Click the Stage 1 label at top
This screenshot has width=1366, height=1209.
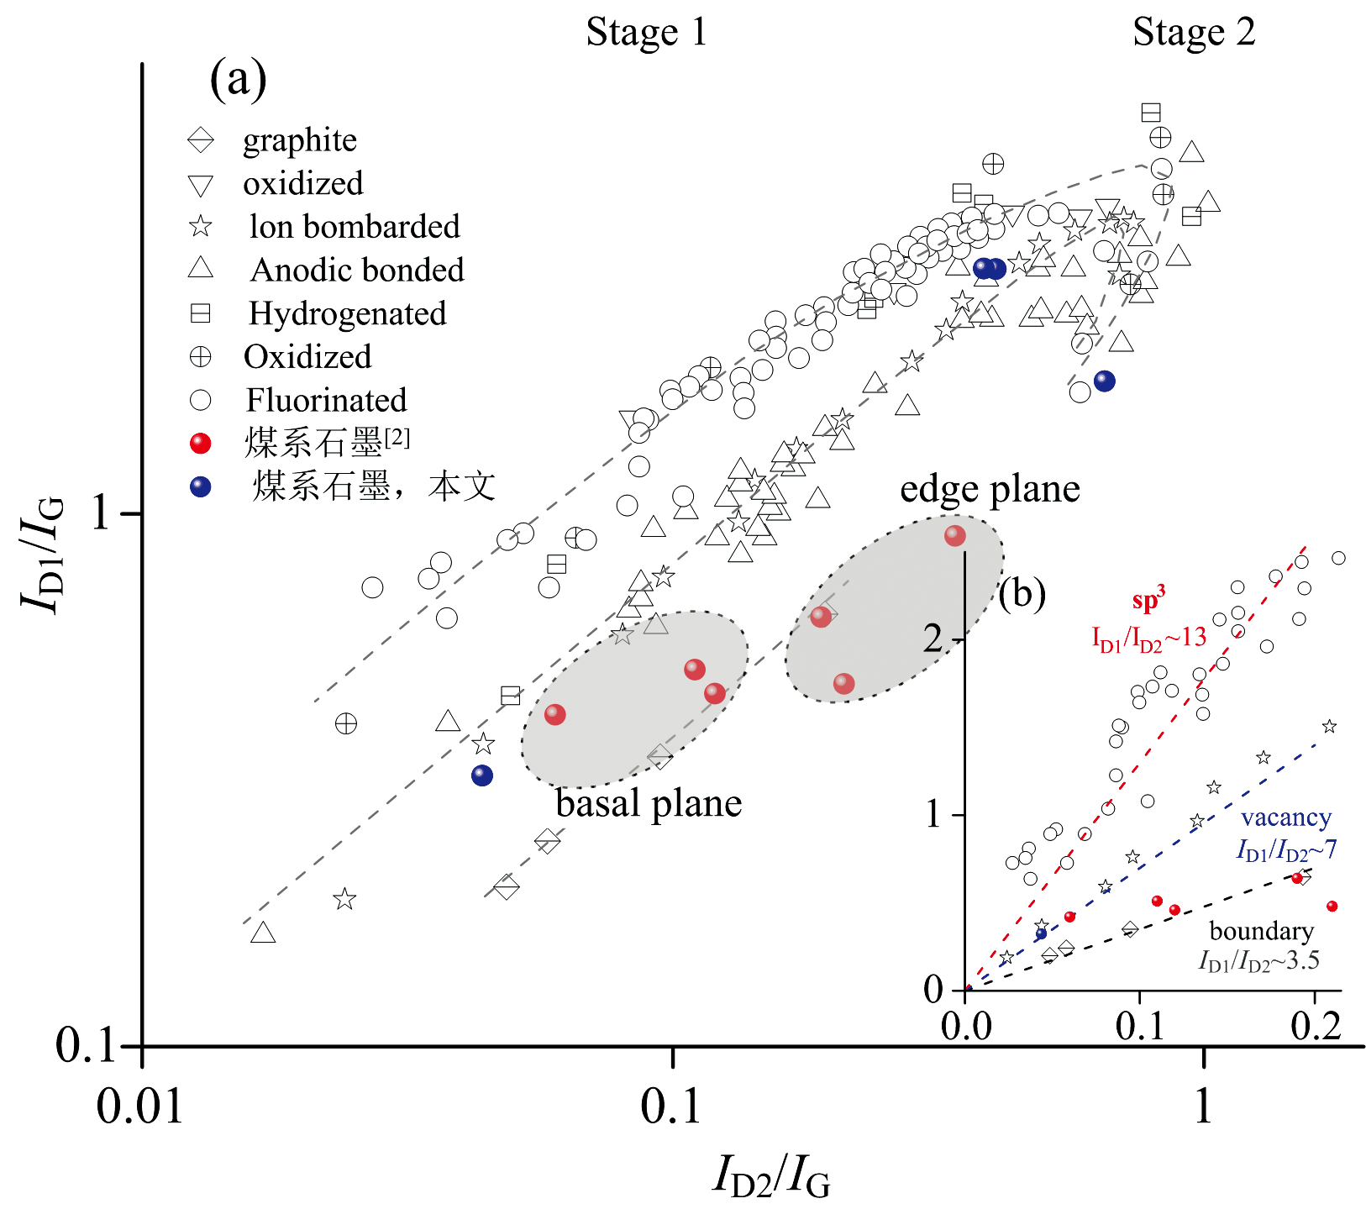click(646, 33)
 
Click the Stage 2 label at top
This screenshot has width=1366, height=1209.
click(1193, 33)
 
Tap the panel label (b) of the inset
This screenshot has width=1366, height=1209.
click(1022, 594)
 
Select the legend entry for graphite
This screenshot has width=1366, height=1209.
click(299, 140)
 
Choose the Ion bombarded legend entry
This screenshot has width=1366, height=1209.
click(354, 227)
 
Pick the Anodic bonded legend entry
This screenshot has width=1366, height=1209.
click(356, 270)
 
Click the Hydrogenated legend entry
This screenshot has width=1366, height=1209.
click(347, 313)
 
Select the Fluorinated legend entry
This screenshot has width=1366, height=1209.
click(325, 400)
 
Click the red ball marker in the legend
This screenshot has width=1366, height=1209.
click(201, 443)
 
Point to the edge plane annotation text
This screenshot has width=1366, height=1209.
click(990, 489)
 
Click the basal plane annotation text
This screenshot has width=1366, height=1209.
click(649, 804)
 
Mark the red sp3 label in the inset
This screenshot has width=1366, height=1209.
click(1148, 602)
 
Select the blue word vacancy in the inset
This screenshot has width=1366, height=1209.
click(1285, 817)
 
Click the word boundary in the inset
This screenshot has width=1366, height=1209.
click(1261, 931)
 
